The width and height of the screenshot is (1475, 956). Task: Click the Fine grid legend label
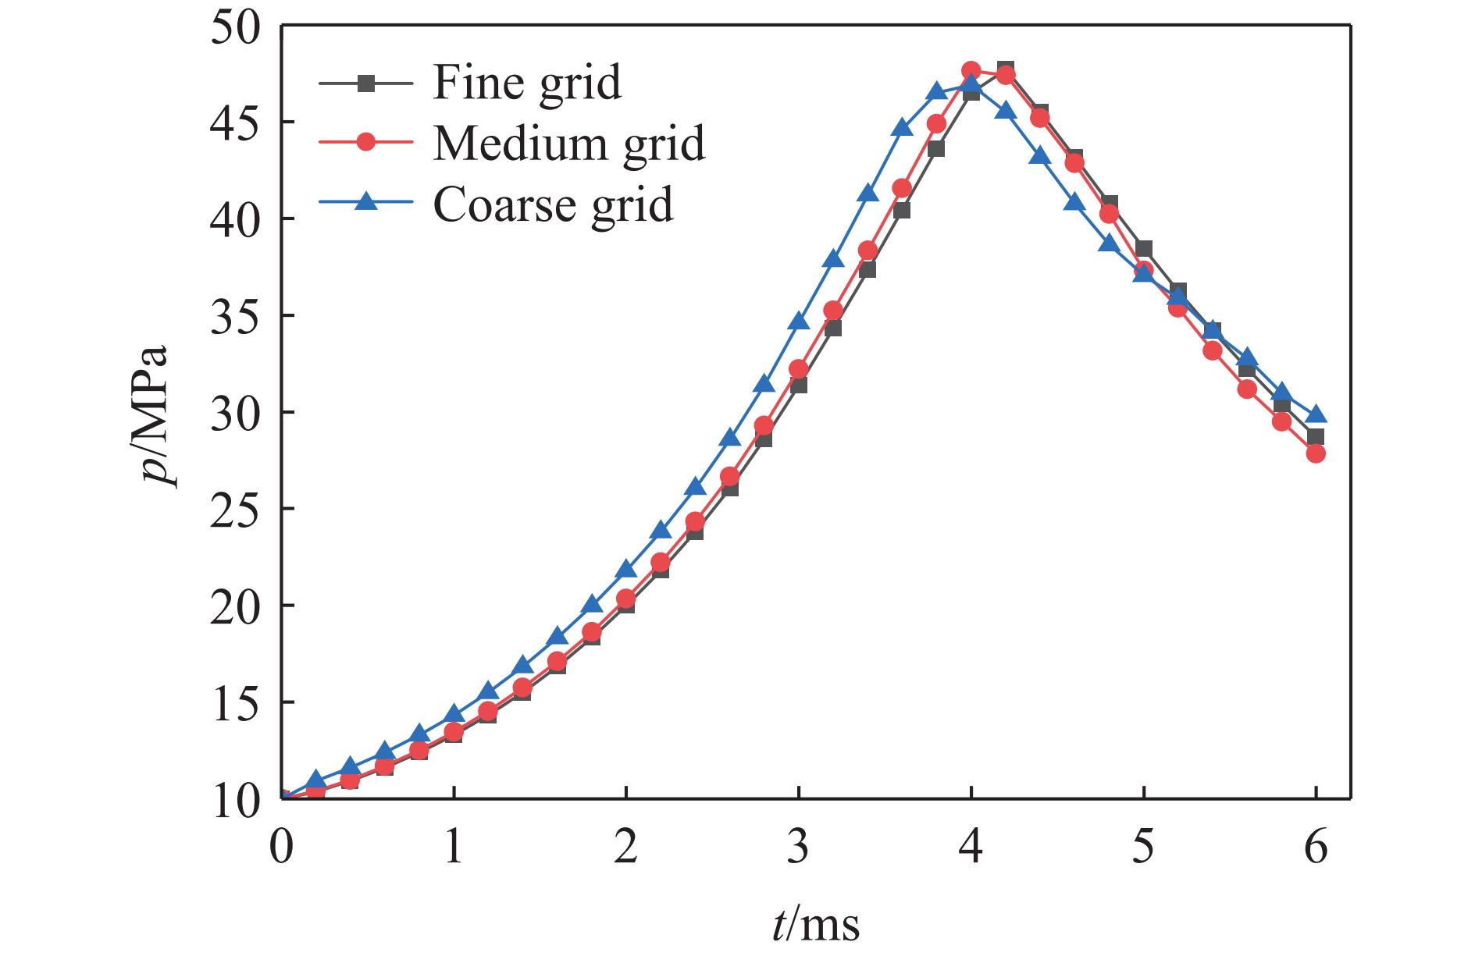click(x=527, y=82)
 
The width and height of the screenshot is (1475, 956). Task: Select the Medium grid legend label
click(x=568, y=143)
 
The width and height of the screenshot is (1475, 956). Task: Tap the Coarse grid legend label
click(x=553, y=204)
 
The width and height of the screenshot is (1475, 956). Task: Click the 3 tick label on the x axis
click(x=798, y=847)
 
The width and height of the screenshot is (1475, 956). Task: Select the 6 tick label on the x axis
click(x=1316, y=847)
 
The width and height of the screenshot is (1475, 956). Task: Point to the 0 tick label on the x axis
click(x=281, y=847)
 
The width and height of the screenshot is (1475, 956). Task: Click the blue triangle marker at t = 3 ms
click(x=799, y=321)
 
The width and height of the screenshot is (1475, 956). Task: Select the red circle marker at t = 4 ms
click(x=971, y=70)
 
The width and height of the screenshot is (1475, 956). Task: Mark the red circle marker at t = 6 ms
click(x=1316, y=453)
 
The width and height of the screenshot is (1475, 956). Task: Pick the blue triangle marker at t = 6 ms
click(x=1316, y=414)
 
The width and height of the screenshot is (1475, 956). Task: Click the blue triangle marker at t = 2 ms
click(x=626, y=569)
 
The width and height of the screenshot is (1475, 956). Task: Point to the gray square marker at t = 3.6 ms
click(x=902, y=210)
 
